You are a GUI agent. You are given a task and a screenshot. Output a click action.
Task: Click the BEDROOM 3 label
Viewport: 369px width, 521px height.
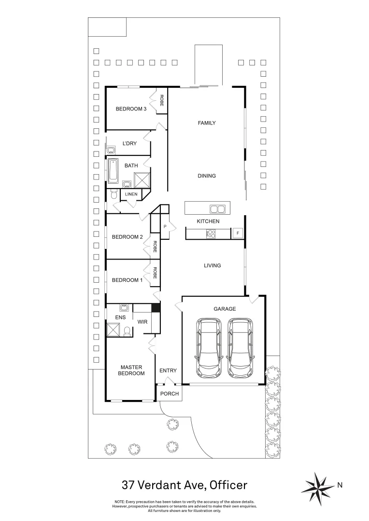[x=131, y=109]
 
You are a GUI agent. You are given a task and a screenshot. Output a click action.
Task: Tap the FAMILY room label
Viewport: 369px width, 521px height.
[x=207, y=123]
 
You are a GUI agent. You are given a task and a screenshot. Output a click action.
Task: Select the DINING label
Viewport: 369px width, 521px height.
[x=207, y=176]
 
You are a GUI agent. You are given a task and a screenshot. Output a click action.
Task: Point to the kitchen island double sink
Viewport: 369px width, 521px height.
[x=217, y=209]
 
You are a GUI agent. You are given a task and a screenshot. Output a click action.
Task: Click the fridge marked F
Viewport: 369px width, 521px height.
[x=237, y=233]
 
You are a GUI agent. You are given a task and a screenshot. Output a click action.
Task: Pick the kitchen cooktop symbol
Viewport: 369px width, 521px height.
[x=211, y=233]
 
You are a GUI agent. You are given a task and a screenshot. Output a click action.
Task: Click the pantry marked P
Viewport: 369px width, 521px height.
[x=165, y=226]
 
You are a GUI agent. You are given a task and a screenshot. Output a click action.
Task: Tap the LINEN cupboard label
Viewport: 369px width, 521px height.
[x=131, y=194]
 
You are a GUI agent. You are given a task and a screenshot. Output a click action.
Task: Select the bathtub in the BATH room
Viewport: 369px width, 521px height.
[x=113, y=171]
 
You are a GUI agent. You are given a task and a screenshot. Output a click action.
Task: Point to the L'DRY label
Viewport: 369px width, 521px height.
[x=129, y=144]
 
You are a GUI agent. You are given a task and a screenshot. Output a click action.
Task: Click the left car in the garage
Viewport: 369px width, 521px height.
[x=209, y=347]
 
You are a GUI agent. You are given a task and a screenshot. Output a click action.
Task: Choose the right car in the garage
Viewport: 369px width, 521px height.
[x=240, y=347]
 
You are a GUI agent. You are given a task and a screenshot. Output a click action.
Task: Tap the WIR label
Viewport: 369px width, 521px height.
[x=142, y=321]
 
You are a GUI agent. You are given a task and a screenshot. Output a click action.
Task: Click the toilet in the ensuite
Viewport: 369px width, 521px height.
[x=127, y=331]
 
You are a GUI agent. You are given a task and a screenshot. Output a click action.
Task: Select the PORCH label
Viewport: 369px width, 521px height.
[x=170, y=394]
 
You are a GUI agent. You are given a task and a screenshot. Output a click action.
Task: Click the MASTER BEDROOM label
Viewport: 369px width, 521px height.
[x=132, y=370]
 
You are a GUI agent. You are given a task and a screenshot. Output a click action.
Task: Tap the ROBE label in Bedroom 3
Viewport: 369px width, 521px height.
[x=162, y=100]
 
